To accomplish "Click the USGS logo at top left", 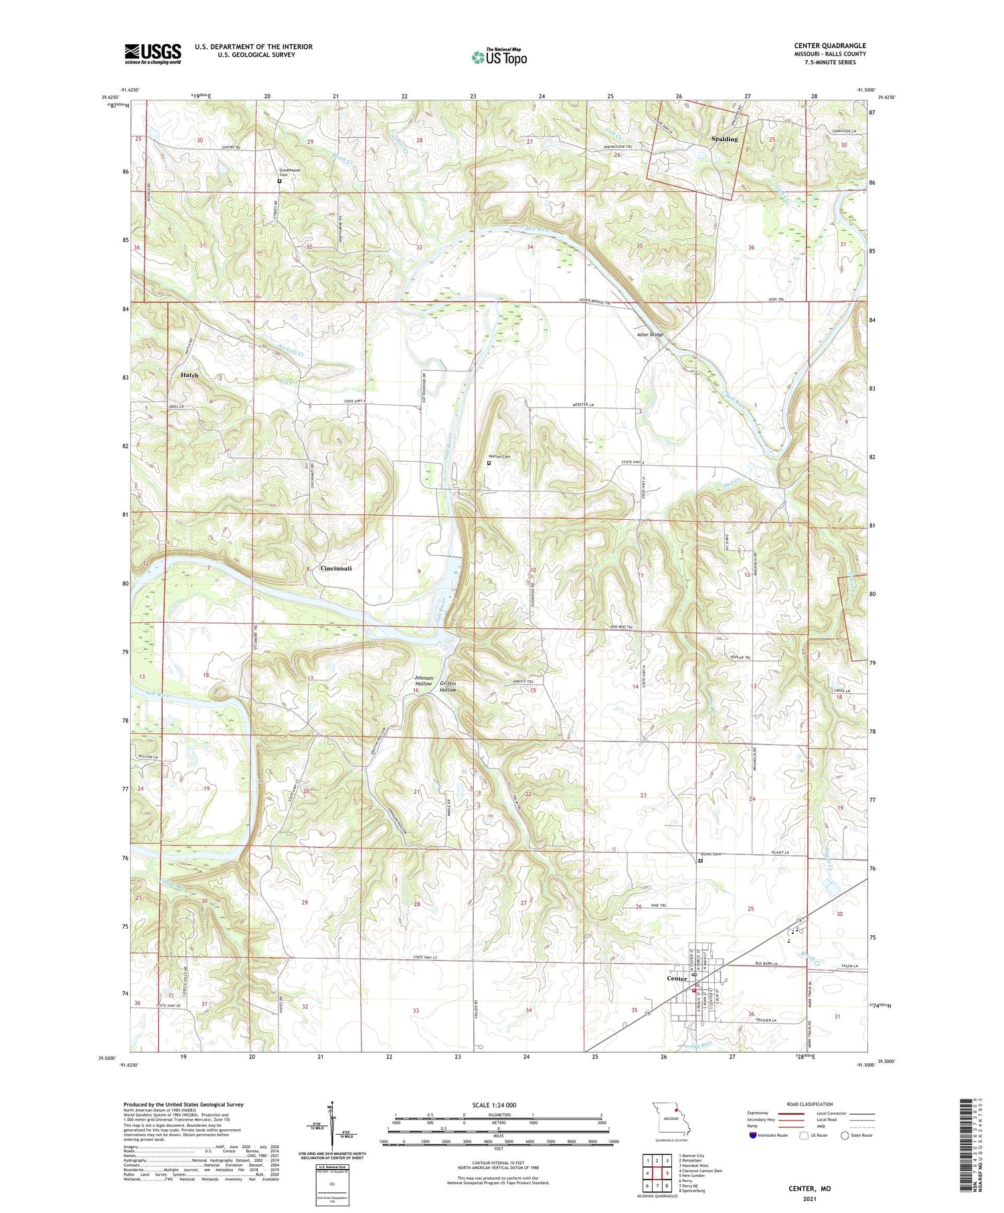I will pos(153,54).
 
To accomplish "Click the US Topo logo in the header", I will pos(499,58).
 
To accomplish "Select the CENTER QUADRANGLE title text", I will pos(829,45).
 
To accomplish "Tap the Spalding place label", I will pos(724,139).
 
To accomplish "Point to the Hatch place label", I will pos(189,375).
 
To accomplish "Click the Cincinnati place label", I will pos(336,568).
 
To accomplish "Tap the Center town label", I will pos(677,978).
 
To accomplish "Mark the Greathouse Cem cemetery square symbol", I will pos(280,181).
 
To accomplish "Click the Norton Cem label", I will pos(499,456).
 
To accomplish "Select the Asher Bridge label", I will pos(650,335).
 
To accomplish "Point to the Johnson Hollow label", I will pos(423,680).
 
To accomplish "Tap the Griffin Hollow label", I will pos(448,686).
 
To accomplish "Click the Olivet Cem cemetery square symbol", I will pos(701,861).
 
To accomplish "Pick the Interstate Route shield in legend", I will pos(753,1135).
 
